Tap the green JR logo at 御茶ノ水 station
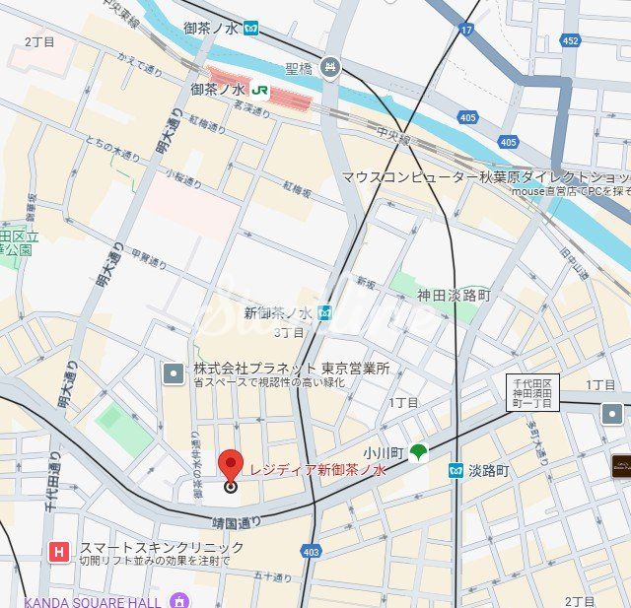click(x=260, y=90)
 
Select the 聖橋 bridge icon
click(x=330, y=68)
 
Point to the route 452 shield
click(x=570, y=40)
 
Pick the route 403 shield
click(x=312, y=552)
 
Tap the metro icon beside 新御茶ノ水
click(x=324, y=312)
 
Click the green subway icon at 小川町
click(x=419, y=452)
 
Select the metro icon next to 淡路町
click(x=456, y=471)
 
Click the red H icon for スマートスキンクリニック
click(x=60, y=553)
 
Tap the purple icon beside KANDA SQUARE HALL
click(x=178, y=600)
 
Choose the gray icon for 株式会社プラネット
click(x=174, y=373)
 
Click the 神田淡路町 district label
click(x=453, y=295)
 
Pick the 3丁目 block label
click(x=289, y=332)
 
